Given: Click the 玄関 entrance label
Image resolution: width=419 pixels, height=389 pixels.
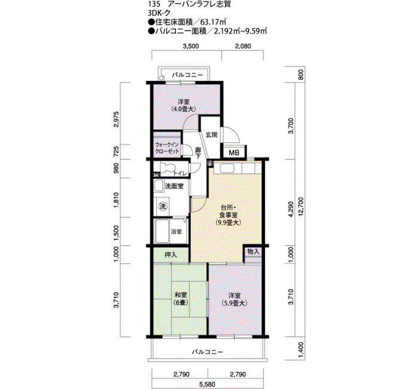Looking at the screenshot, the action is pos(211,135).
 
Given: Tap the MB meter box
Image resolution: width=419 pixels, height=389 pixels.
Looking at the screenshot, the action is pos(235,153).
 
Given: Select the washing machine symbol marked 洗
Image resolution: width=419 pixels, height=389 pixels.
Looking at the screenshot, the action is pos(162,206).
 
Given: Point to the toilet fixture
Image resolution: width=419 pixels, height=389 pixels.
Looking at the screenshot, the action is pos(168,168).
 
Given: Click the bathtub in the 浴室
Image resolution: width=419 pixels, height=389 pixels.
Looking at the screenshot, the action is pos(162,231).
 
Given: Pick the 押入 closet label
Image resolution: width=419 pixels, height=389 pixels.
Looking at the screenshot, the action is pos(171,255).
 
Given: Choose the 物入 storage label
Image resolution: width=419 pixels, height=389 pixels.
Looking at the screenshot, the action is pos(253,251).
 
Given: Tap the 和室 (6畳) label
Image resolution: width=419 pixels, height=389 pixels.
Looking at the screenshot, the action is pos(181,299).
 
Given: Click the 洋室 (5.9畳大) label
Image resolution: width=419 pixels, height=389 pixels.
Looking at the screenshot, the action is pos(235,299).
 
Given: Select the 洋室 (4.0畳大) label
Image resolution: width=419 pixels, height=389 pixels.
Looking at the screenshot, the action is pos(184,105).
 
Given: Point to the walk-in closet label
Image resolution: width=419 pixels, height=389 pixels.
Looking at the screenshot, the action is pos(167,148).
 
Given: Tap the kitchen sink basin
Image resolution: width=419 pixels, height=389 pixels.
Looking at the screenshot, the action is pos(227,168).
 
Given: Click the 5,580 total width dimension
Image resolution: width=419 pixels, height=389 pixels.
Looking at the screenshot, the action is pos(207,384).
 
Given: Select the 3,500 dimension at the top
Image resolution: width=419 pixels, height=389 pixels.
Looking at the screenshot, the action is pos(190,46).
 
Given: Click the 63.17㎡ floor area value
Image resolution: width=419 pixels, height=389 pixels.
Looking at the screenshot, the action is pos(213,22).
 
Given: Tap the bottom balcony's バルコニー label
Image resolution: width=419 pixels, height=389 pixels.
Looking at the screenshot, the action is pos(207,352).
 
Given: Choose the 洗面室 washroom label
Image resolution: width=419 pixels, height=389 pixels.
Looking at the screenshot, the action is pos(174,186).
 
